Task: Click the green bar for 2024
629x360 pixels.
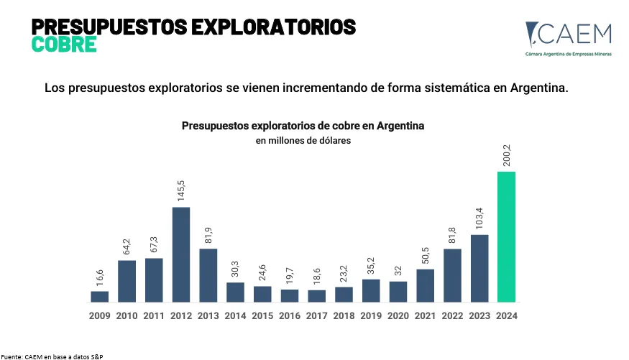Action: (506, 236)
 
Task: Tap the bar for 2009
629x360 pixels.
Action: (100, 296)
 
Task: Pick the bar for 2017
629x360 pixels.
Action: (316, 295)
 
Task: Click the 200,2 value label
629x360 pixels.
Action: (507, 155)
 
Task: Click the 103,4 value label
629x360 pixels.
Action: (479, 218)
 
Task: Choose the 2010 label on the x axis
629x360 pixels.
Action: (127, 315)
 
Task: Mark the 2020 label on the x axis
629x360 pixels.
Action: (398, 315)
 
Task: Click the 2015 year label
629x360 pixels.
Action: (262, 315)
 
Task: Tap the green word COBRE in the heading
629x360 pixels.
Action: (64, 45)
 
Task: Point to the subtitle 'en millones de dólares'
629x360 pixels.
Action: (303, 141)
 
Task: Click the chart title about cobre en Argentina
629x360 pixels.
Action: (303, 126)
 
